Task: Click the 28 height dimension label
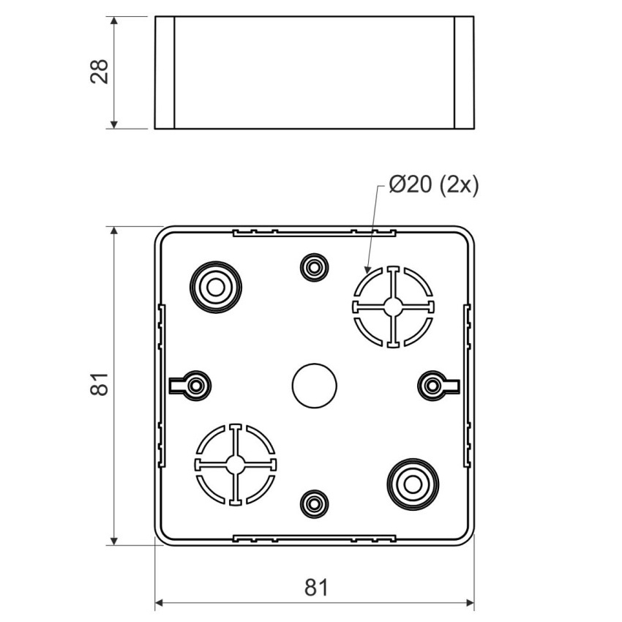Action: point(100,72)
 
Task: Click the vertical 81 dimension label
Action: point(100,384)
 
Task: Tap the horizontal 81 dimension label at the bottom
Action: point(317,588)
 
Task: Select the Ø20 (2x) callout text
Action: point(434,184)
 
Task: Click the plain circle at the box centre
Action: point(314,386)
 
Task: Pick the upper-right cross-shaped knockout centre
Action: point(393,307)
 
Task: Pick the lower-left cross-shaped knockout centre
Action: point(236,464)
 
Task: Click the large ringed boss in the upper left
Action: point(216,287)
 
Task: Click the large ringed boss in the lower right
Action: point(413,484)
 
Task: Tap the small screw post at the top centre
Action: point(314,267)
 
